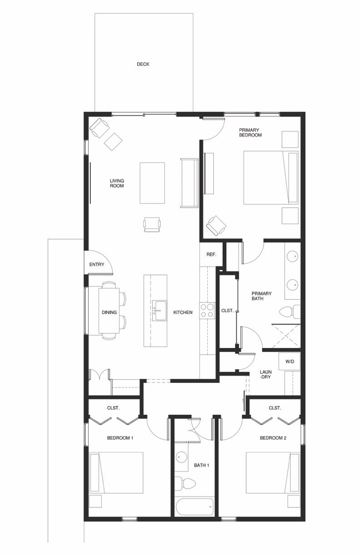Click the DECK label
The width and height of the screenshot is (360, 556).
[143, 65]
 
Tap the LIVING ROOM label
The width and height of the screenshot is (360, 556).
[117, 183]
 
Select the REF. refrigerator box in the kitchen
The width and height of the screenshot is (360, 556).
[211, 255]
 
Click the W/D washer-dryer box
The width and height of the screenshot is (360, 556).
[290, 362]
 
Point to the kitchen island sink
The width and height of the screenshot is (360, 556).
[160, 311]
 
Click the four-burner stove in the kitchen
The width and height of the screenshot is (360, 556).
[207, 311]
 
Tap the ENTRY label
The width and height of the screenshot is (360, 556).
[97, 264]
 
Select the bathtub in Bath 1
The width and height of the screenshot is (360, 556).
[194, 506]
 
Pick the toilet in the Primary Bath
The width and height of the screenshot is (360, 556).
[290, 312]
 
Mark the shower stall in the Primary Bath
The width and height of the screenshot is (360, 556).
[286, 336]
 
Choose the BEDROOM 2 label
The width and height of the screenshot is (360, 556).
[273, 438]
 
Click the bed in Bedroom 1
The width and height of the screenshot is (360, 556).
[116, 472]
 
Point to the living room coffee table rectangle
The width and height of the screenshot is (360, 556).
[152, 183]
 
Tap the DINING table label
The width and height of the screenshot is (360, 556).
[109, 313]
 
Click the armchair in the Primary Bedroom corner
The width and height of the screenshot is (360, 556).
[216, 225]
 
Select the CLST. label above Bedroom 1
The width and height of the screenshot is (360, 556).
[113, 408]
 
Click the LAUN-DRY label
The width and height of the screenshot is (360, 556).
[265, 374]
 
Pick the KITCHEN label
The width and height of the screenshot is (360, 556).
[183, 313]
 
